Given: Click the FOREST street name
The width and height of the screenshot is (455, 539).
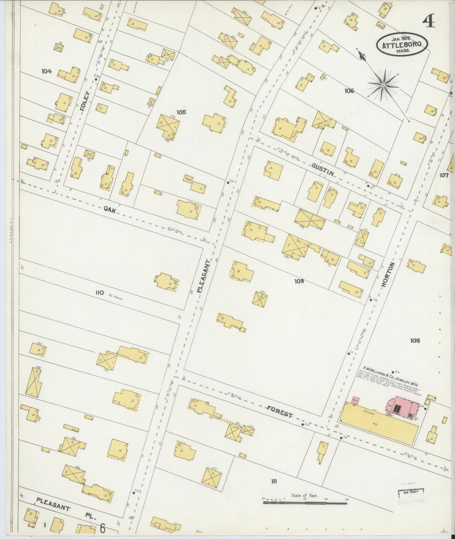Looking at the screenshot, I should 280,412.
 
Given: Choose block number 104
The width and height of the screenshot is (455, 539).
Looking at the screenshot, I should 46,71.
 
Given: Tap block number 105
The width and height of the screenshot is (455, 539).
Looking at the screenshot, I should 181,112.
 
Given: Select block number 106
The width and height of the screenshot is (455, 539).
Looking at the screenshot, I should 349,91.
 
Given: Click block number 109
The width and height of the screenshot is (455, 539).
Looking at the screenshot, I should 299,281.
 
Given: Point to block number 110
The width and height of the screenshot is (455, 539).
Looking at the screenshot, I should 100,293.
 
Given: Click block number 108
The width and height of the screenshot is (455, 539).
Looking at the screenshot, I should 415,340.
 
